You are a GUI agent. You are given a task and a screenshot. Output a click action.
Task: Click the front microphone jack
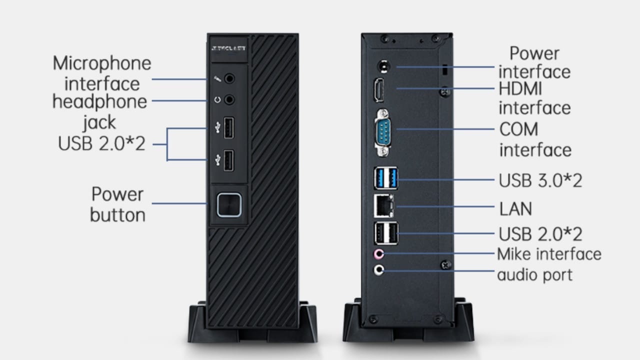pyautogui.click(x=229, y=78)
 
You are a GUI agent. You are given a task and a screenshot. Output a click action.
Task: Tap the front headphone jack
pyautogui.click(x=229, y=99)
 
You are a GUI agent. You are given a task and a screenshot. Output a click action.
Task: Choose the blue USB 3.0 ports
pyautogui.click(x=385, y=178)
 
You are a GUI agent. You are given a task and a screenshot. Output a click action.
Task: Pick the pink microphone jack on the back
pyautogui.click(x=379, y=254)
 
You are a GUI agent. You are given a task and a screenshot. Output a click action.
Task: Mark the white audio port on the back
pyautogui.click(x=379, y=270)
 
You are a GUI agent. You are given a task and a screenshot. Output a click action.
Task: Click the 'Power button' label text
pyautogui.click(x=117, y=204)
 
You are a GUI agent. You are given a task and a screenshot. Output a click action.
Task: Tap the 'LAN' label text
pyautogui.click(x=515, y=208)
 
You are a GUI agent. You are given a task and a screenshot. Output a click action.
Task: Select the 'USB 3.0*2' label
pyautogui.click(x=540, y=180)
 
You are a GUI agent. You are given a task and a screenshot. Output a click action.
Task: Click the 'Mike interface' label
pyautogui.click(x=549, y=254)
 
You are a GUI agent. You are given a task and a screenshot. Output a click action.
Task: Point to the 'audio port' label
pyautogui.click(x=534, y=274)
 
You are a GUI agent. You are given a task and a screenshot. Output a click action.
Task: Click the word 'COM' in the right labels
pyautogui.click(x=519, y=129)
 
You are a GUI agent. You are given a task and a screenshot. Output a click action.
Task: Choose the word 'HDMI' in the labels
pyautogui.click(x=520, y=89)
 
